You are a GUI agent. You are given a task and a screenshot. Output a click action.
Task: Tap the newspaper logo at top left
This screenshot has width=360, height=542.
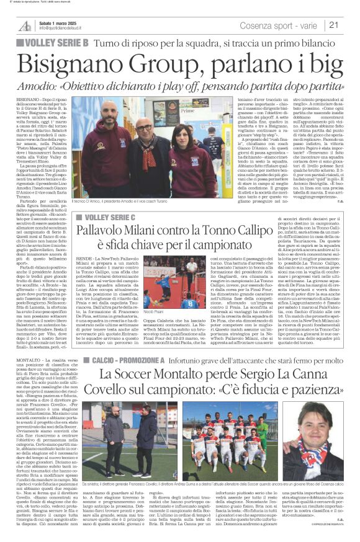(x=25, y=25)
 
